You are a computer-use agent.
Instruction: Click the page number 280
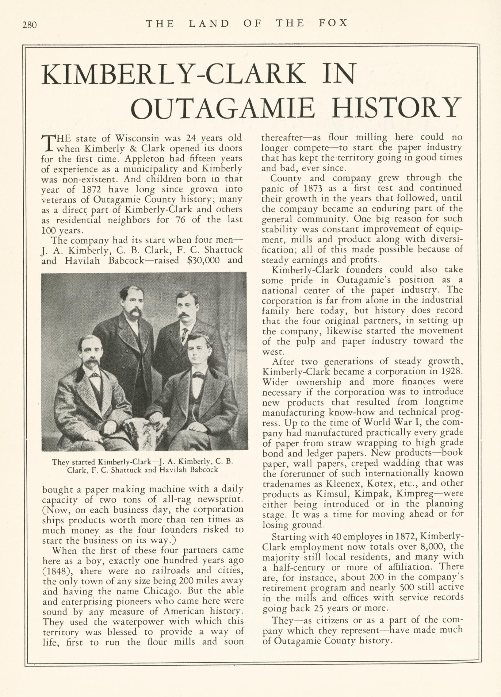click(x=29, y=25)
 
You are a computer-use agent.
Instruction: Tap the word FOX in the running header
click(x=333, y=23)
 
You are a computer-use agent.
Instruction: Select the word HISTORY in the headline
click(x=397, y=108)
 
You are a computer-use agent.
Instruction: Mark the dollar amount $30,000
click(x=203, y=260)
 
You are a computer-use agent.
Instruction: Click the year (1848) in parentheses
click(x=58, y=571)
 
